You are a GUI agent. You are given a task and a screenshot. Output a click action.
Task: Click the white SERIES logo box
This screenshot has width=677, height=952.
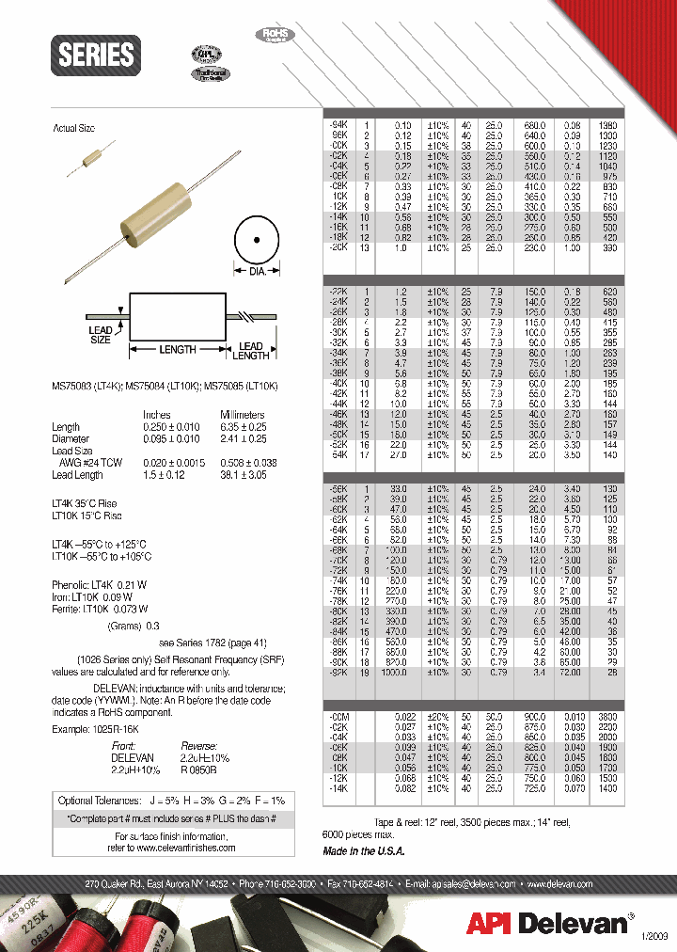(x=97, y=55)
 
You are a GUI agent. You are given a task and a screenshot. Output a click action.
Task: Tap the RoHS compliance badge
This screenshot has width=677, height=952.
(x=273, y=35)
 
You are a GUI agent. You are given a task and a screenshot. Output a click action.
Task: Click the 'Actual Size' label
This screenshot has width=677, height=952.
(x=72, y=128)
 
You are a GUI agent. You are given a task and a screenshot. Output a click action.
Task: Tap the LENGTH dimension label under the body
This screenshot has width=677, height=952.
(x=177, y=349)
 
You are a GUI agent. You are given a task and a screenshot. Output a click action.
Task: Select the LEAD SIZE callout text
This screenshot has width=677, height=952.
(x=101, y=335)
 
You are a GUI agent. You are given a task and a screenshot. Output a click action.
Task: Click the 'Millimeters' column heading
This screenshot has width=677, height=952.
(x=242, y=415)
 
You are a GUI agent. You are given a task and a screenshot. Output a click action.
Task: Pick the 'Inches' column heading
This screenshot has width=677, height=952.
(x=156, y=415)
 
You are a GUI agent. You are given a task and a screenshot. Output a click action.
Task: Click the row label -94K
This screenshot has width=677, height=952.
(x=338, y=124)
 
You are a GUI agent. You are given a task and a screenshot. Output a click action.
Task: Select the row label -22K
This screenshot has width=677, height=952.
(x=338, y=293)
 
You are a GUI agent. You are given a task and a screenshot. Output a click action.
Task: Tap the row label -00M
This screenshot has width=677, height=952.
(x=338, y=718)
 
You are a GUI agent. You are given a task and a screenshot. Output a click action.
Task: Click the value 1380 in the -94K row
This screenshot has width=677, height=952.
(x=608, y=124)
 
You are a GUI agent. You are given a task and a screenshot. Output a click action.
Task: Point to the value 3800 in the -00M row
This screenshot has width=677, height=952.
(x=608, y=718)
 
